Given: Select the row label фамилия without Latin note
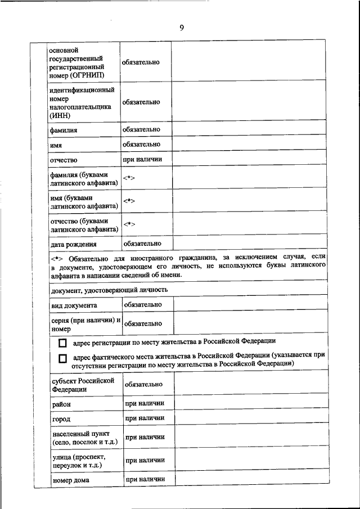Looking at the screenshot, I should [63, 130].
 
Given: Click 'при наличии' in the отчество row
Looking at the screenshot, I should [142, 159].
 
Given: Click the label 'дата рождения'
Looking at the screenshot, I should [74, 245].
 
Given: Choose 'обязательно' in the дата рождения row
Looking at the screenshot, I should [142, 244].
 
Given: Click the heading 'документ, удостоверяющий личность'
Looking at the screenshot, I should [109, 290].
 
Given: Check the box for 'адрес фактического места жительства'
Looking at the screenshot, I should [62, 359].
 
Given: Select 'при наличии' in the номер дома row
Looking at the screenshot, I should [145, 479].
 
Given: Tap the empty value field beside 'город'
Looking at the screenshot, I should [250, 418].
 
